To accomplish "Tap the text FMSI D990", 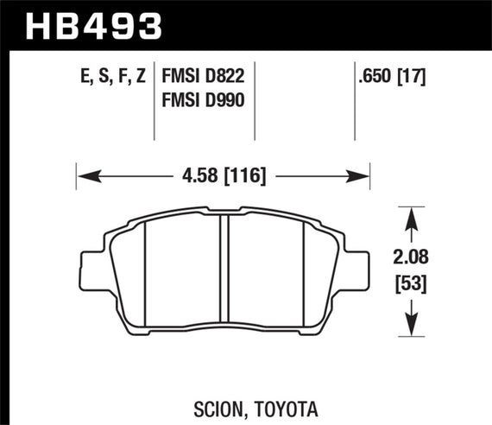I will pyautogui.click(x=202, y=100).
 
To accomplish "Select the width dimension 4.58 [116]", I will pyautogui.click(x=224, y=177).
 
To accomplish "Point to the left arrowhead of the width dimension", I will pyautogui.click(x=83, y=177).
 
